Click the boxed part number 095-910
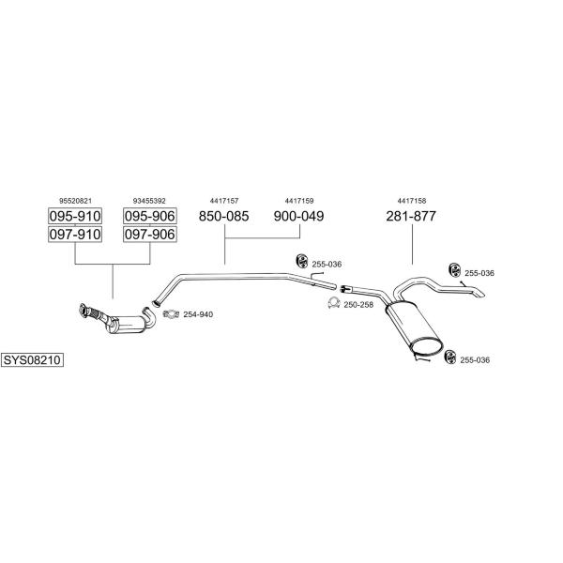click(75, 216)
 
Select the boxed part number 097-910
click(75, 234)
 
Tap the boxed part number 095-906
click(150, 216)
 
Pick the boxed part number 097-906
click(150, 234)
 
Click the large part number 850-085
click(223, 216)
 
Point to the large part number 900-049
click(298, 216)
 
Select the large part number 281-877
click(411, 216)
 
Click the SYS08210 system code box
click(32, 359)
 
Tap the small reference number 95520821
click(75, 201)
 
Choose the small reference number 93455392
click(149, 201)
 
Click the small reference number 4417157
click(224, 201)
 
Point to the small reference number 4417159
click(299, 201)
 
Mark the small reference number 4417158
click(412, 201)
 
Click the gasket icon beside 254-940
click(171, 314)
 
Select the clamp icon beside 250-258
click(333, 303)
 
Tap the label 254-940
click(198, 314)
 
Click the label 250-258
click(358, 305)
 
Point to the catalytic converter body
click(127, 324)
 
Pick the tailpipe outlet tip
click(480, 294)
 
